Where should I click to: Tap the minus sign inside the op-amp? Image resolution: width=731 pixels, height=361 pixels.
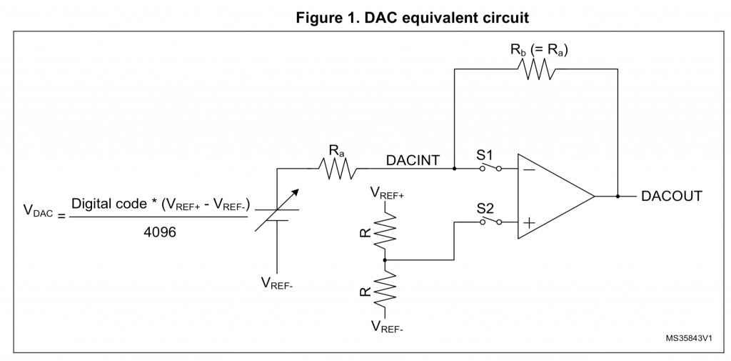530,170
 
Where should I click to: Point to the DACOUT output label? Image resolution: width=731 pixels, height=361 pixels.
671,195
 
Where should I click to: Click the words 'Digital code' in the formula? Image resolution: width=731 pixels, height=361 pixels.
107,204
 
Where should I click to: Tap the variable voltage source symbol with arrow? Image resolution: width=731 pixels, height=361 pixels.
277,212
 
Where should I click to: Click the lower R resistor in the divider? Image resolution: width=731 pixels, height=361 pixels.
385,290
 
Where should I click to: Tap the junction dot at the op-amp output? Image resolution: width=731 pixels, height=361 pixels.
617,195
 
